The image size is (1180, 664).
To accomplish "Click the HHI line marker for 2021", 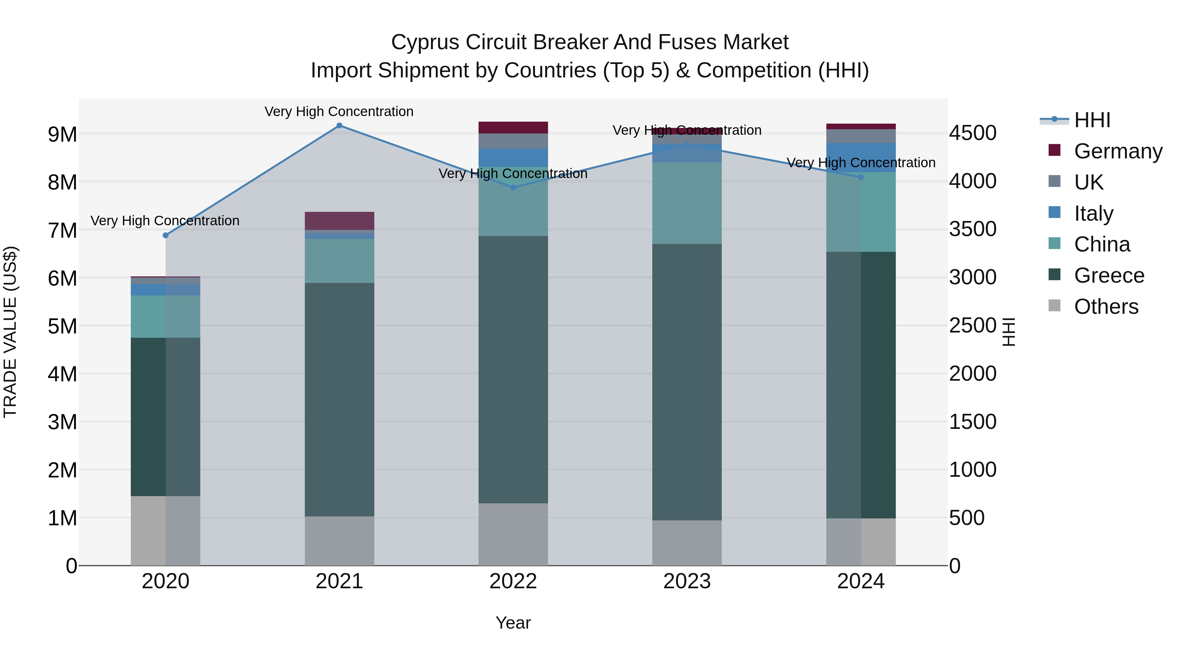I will tap(340, 126).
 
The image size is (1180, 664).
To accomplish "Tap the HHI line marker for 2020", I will tap(166, 235).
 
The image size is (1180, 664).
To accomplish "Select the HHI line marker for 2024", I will tap(861, 177).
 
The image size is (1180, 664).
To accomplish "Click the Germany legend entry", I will tap(1118, 151).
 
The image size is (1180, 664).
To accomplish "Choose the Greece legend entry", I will tap(1109, 275).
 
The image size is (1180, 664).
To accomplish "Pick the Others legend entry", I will tap(1106, 307).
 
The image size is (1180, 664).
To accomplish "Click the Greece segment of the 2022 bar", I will tap(513, 369).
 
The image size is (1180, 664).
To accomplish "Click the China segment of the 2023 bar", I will tap(687, 203).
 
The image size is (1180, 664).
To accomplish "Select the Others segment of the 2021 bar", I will tap(340, 541).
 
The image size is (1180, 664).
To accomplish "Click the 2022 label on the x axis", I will tap(513, 581).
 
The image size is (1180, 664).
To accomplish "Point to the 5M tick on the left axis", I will tap(62, 326).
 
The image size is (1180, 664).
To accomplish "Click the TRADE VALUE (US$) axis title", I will tap(10, 332).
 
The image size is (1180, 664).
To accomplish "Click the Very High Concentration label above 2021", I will tap(339, 112).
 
